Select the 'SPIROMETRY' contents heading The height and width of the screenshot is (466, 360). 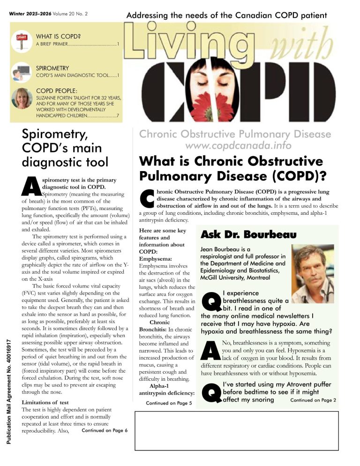pos(52,68)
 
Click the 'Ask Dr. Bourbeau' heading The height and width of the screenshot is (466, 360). pos(248,234)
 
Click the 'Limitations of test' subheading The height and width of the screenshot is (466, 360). pos(45,403)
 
